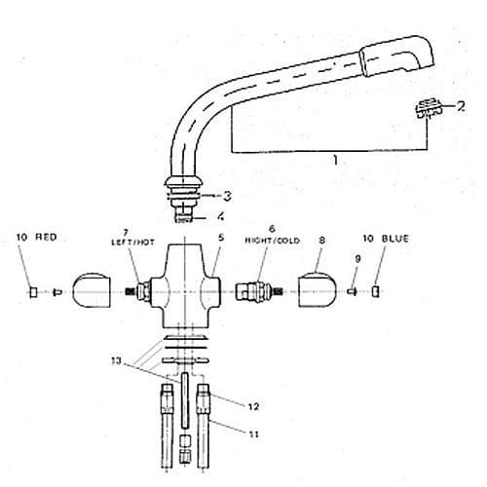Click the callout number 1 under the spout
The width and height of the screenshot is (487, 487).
pos(334,162)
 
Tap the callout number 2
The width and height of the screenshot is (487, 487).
pos(461,105)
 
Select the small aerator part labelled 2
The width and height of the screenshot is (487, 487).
pos(426,110)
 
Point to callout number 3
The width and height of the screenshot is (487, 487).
pos(226,195)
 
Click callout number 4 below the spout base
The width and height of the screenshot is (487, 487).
pos(220,216)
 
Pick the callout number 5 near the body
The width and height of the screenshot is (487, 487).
pos(221,237)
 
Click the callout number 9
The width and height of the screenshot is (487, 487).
pos(356,258)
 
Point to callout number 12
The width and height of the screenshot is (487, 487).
pos(253,406)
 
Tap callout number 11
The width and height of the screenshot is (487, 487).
pos(253,433)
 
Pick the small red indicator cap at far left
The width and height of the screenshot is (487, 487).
pos(32,290)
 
